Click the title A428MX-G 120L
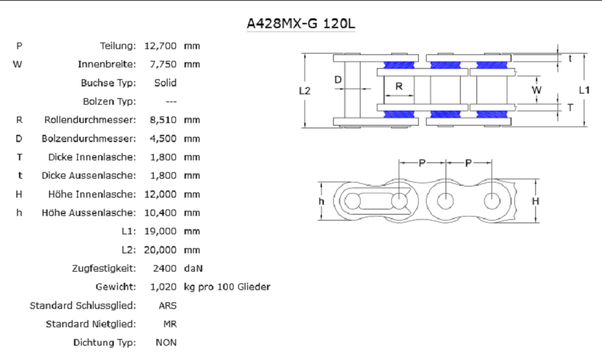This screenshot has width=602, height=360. [x=300, y=24]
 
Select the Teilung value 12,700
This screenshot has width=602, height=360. [x=160, y=46]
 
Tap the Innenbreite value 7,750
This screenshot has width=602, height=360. [x=163, y=64]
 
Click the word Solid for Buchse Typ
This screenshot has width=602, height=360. [x=166, y=82]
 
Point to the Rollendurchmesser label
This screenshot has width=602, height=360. [x=90, y=120]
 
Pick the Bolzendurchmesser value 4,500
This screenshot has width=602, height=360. [x=163, y=139]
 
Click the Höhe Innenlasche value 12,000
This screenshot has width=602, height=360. [x=160, y=194]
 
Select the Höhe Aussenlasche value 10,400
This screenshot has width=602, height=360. [x=160, y=213]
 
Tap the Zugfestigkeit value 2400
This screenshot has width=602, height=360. [x=165, y=268]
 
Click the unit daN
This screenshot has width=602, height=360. [x=193, y=268]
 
